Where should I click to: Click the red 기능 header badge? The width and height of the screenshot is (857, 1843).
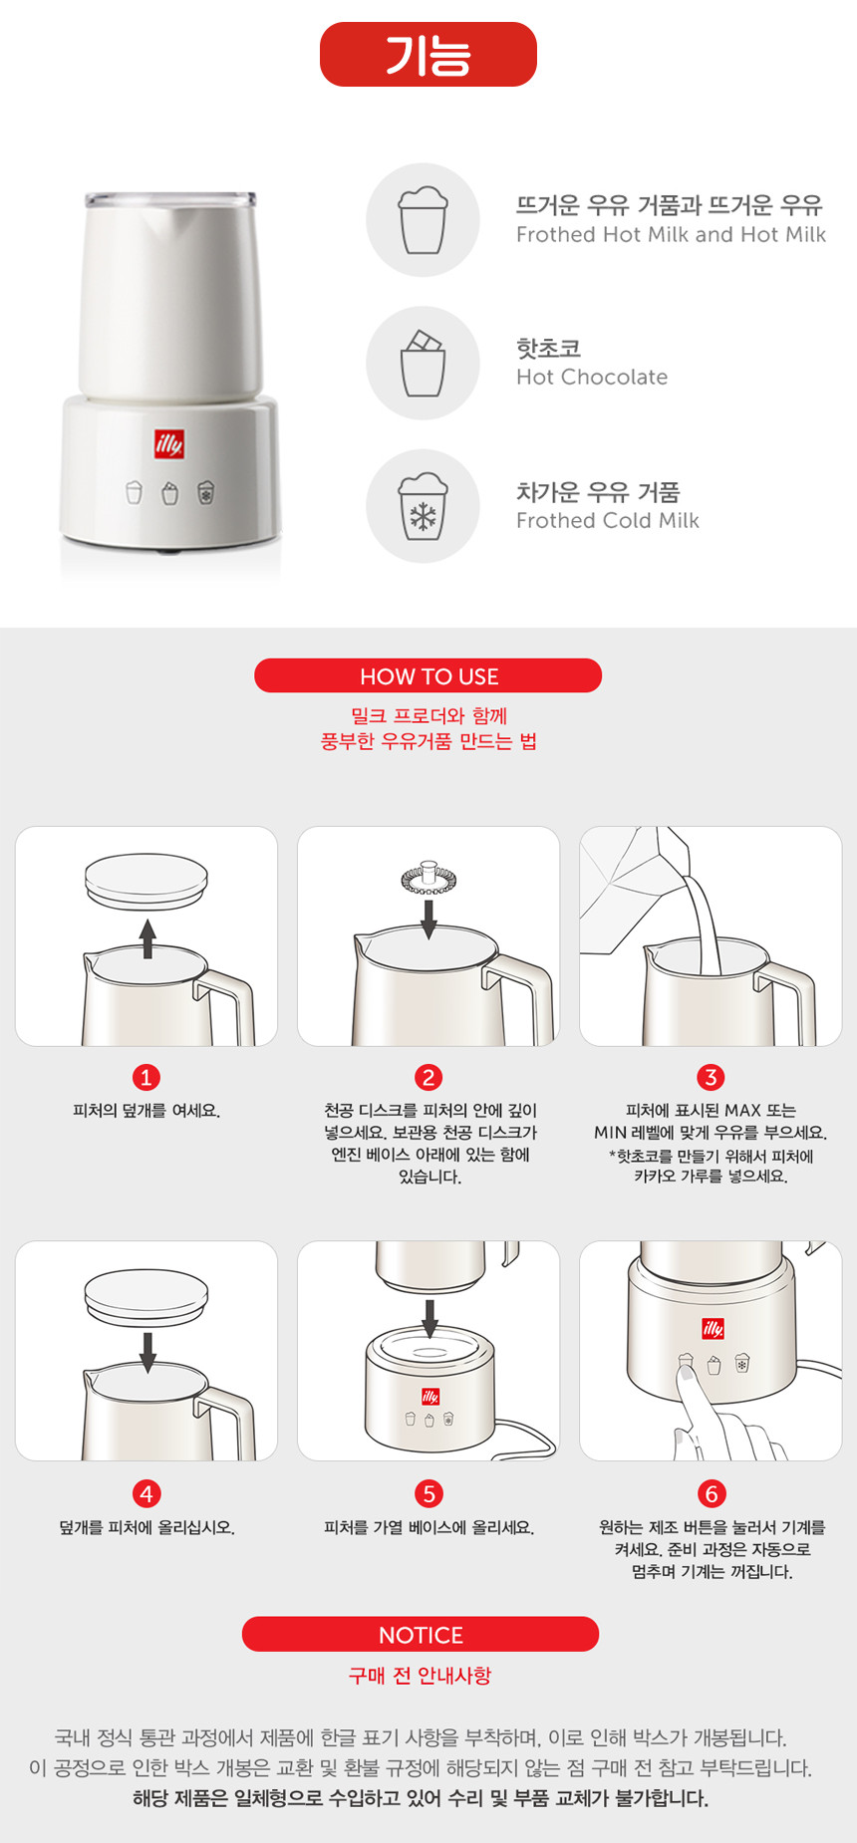428,54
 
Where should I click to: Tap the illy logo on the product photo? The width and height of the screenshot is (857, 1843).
169,443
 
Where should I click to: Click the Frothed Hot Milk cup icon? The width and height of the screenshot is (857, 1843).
424,220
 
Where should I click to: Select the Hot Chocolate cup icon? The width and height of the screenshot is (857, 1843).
424,363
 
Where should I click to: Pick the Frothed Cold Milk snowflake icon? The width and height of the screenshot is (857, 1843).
424,506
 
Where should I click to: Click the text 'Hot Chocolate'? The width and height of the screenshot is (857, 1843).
592,377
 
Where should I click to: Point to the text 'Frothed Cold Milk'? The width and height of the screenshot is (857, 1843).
608,520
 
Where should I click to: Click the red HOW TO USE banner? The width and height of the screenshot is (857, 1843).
428,675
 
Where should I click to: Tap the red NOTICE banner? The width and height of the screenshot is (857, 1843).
421,1634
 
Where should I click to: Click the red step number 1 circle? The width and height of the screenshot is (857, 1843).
146,1077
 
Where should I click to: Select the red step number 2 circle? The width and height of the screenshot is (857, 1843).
428,1077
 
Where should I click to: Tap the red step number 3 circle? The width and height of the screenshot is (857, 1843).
711,1077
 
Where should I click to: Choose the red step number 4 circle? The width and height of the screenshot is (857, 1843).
146,1493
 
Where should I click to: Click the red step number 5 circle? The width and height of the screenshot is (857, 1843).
428,1493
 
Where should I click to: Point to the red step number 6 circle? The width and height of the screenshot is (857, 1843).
711,1493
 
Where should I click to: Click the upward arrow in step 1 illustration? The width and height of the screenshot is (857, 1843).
147,938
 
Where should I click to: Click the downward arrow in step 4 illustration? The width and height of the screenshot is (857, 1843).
147,1353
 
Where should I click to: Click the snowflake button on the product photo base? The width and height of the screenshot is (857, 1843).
206,492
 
